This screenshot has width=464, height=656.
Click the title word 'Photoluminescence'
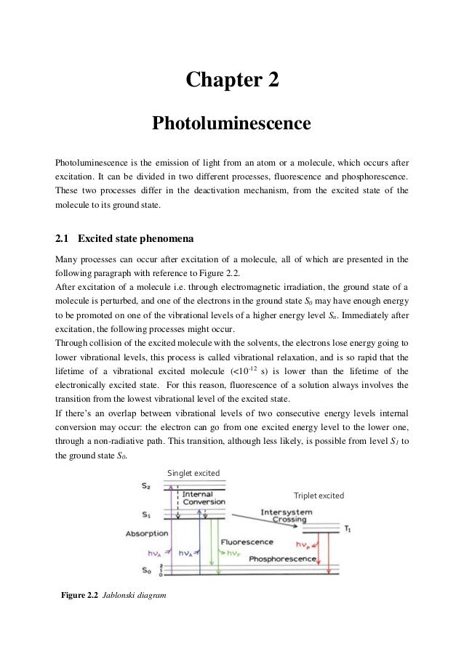[231, 124]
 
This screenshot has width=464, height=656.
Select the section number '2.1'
[63, 237]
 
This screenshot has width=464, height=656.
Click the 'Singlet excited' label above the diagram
[193, 474]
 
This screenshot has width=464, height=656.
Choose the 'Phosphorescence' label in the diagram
[282, 559]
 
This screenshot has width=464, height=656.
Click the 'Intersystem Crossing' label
[288, 515]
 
